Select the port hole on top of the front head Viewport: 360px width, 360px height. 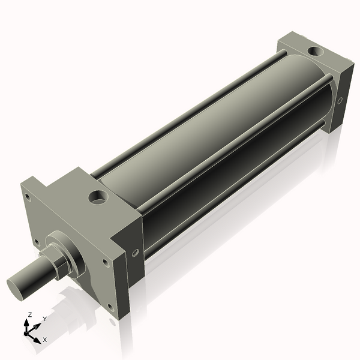click(97, 196)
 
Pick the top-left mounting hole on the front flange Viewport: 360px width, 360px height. click(28, 196)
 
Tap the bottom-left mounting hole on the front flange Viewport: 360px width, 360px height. click(37, 242)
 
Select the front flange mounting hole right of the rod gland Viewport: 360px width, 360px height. click(106, 262)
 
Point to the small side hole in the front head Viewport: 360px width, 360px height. click(135, 253)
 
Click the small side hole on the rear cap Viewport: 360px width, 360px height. click(340, 100)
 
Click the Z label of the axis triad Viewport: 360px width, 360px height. click(29, 315)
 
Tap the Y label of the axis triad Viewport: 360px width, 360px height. click(44, 319)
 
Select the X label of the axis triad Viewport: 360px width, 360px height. click(44, 340)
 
